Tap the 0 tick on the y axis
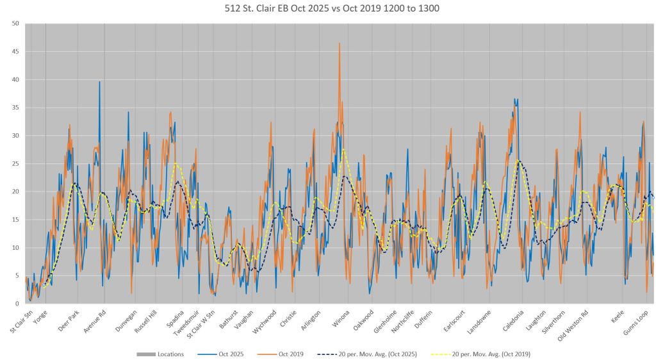[17, 304]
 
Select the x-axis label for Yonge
[40, 318]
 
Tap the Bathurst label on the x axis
[229, 320]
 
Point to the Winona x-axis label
[341, 319]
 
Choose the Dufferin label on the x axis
[423, 320]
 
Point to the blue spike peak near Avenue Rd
[99, 81]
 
